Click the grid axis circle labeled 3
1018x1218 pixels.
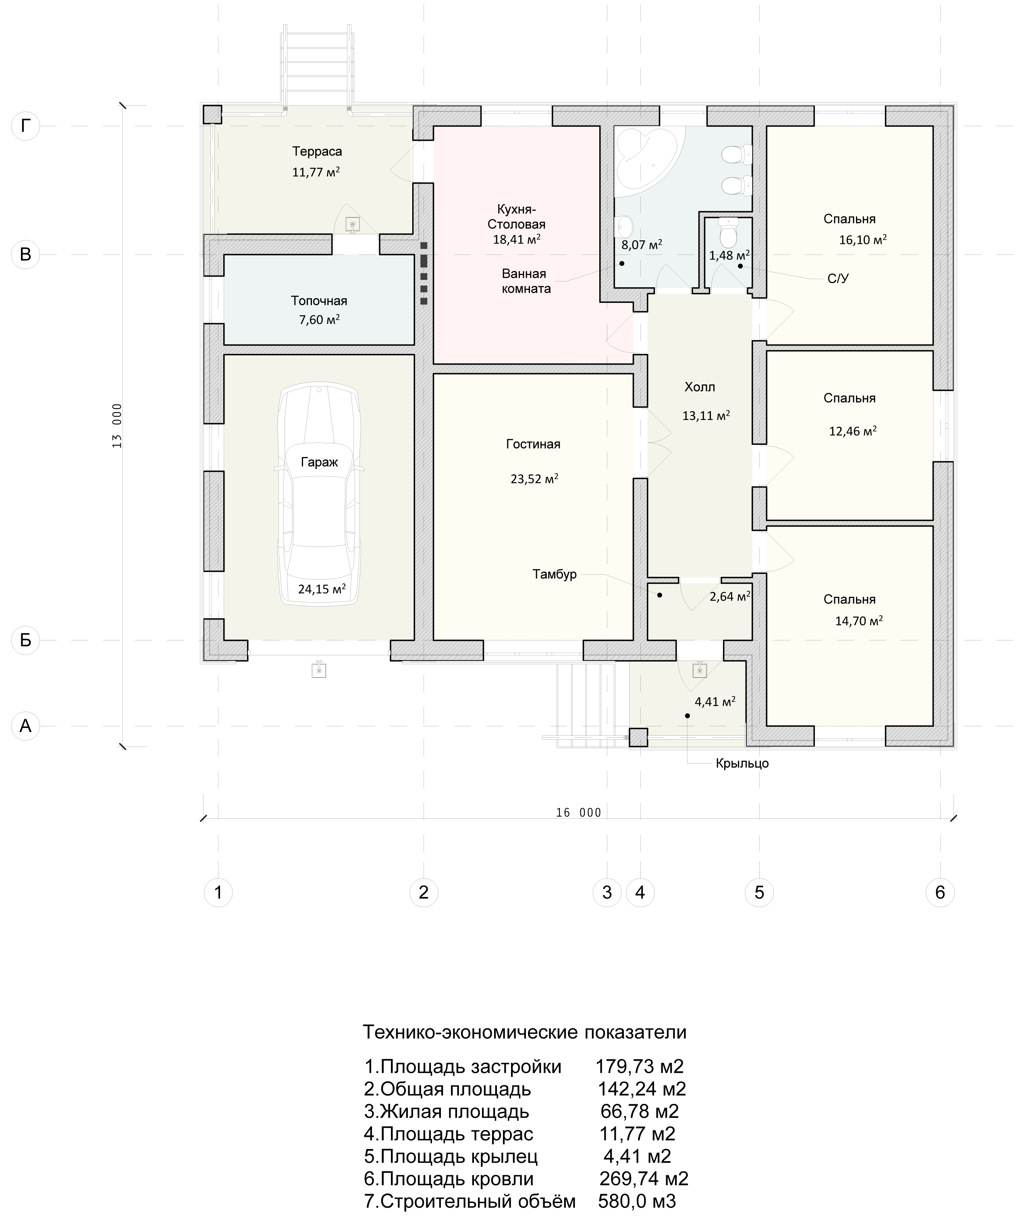coord(607,892)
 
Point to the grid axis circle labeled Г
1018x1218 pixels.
coord(25,125)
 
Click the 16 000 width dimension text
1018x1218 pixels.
coord(579,813)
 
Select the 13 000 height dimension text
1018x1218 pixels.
coord(117,426)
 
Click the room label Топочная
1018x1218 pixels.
coord(319,300)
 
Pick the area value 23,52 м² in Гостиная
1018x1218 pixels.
coord(534,478)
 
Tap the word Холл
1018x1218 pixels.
coord(700,387)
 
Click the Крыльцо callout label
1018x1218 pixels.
coord(742,763)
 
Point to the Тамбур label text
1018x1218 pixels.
coord(555,574)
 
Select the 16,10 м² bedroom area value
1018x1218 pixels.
coord(862,240)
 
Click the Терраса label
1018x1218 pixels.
coord(317,151)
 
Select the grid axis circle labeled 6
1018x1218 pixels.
coord(940,892)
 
